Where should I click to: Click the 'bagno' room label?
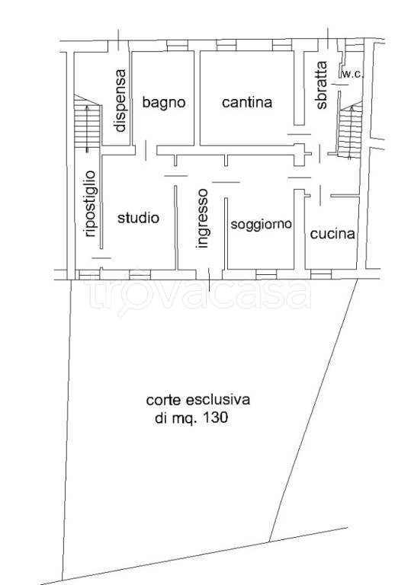pyautogui.click(x=163, y=103)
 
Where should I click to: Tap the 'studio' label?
pyautogui.click(x=138, y=219)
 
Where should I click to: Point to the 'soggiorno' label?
pyautogui.click(x=261, y=224)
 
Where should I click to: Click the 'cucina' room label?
pyautogui.click(x=332, y=235)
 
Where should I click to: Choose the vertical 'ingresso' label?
pyautogui.click(x=202, y=218)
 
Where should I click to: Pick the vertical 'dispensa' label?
pyautogui.click(x=120, y=101)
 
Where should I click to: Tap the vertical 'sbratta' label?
pyautogui.click(x=322, y=85)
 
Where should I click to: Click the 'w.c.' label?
pyautogui.click(x=352, y=74)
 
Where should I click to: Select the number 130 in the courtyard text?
pyautogui.click(x=217, y=418)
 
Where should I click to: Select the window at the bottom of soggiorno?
pyautogui.click(x=265, y=273)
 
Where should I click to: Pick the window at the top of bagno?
pyautogui.click(x=176, y=48)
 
